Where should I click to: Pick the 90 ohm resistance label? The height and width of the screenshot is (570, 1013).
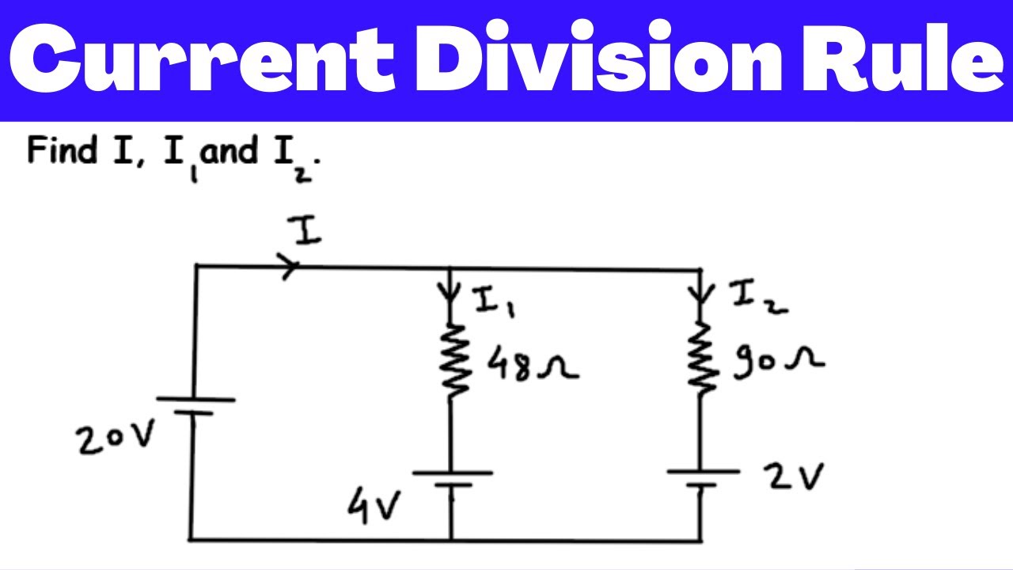tap(777, 363)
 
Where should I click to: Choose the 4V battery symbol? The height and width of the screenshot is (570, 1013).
tap(452, 479)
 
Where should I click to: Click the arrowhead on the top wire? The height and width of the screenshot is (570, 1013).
tap(290, 268)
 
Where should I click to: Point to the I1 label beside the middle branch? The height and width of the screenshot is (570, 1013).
tap(495, 301)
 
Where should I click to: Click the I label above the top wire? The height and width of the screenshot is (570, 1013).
tap(307, 231)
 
